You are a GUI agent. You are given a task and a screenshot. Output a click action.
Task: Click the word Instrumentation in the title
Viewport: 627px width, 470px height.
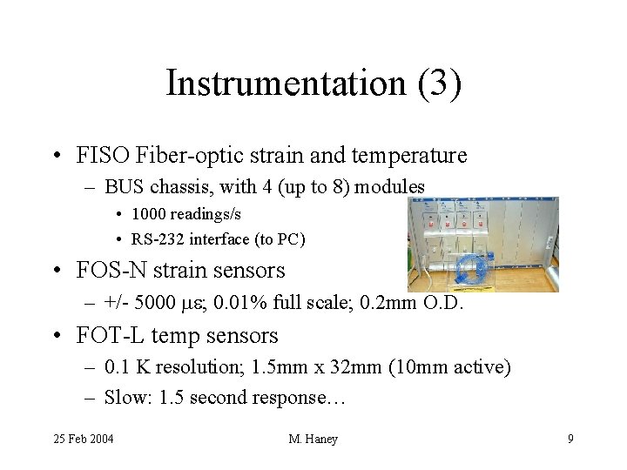click(282, 84)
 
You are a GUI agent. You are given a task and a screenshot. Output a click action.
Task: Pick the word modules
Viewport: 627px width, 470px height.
click(393, 186)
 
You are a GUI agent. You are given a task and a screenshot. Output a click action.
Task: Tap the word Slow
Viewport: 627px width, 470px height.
click(125, 399)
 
